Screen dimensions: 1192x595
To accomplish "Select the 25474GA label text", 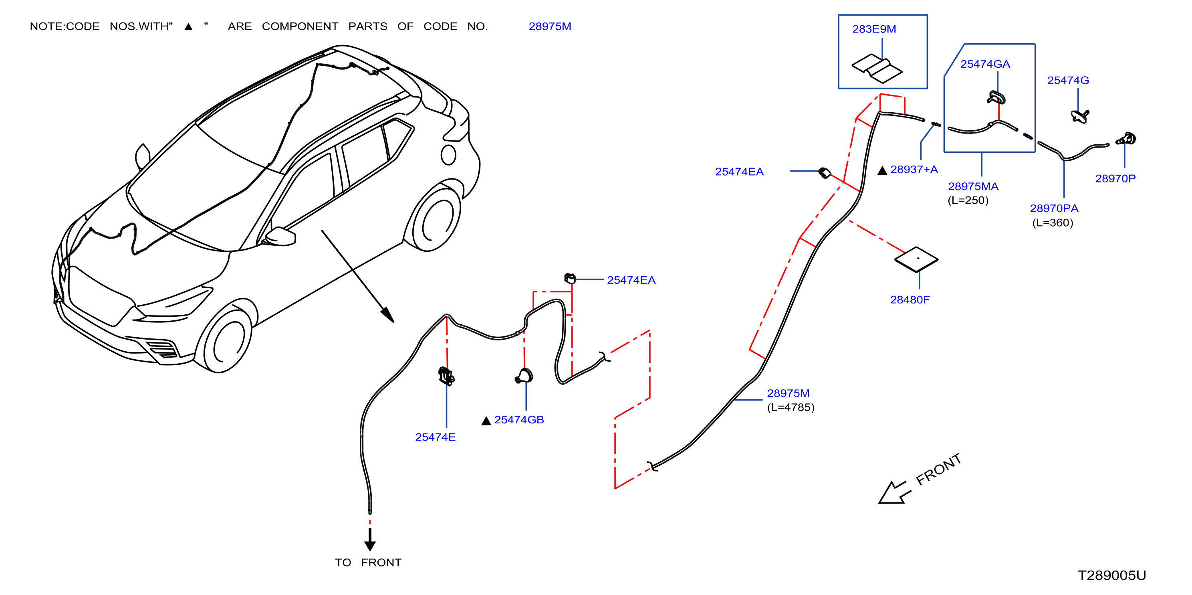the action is pyautogui.click(x=985, y=64).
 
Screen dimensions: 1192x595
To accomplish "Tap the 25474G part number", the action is pyautogui.click(x=1068, y=80).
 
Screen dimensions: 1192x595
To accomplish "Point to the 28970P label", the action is pyautogui.click(x=1115, y=178).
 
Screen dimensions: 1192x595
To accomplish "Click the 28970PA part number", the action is pyautogui.click(x=1054, y=208).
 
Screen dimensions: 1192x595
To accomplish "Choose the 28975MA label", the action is pyautogui.click(x=973, y=186).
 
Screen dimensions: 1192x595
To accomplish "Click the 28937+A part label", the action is pyautogui.click(x=914, y=170).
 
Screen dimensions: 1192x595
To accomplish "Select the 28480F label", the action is pyautogui.click(x=910, y=300).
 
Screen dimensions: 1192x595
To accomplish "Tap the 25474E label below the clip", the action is pyautogui.click(x=435, y=437).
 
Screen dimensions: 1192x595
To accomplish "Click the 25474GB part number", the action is pyautogui.click(x=519, y=419).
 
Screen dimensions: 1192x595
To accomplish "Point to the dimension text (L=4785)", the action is pyautogui.click(x=791, y=407).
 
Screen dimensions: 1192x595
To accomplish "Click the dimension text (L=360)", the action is pyautogui.click(x=1052, y=223).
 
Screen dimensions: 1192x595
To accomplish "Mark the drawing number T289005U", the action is pyautogui.click(x=1112, y=575).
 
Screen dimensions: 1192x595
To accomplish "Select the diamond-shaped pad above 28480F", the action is pyautogui.click(x=916, y=259).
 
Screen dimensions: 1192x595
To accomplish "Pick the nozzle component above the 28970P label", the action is pyautogui.click(x=1126, y=138).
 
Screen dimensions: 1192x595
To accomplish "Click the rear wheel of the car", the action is pyautogui.click(x=435, y=218).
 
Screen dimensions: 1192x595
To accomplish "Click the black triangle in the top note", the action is pyautogui.click(x=188, y=26).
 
